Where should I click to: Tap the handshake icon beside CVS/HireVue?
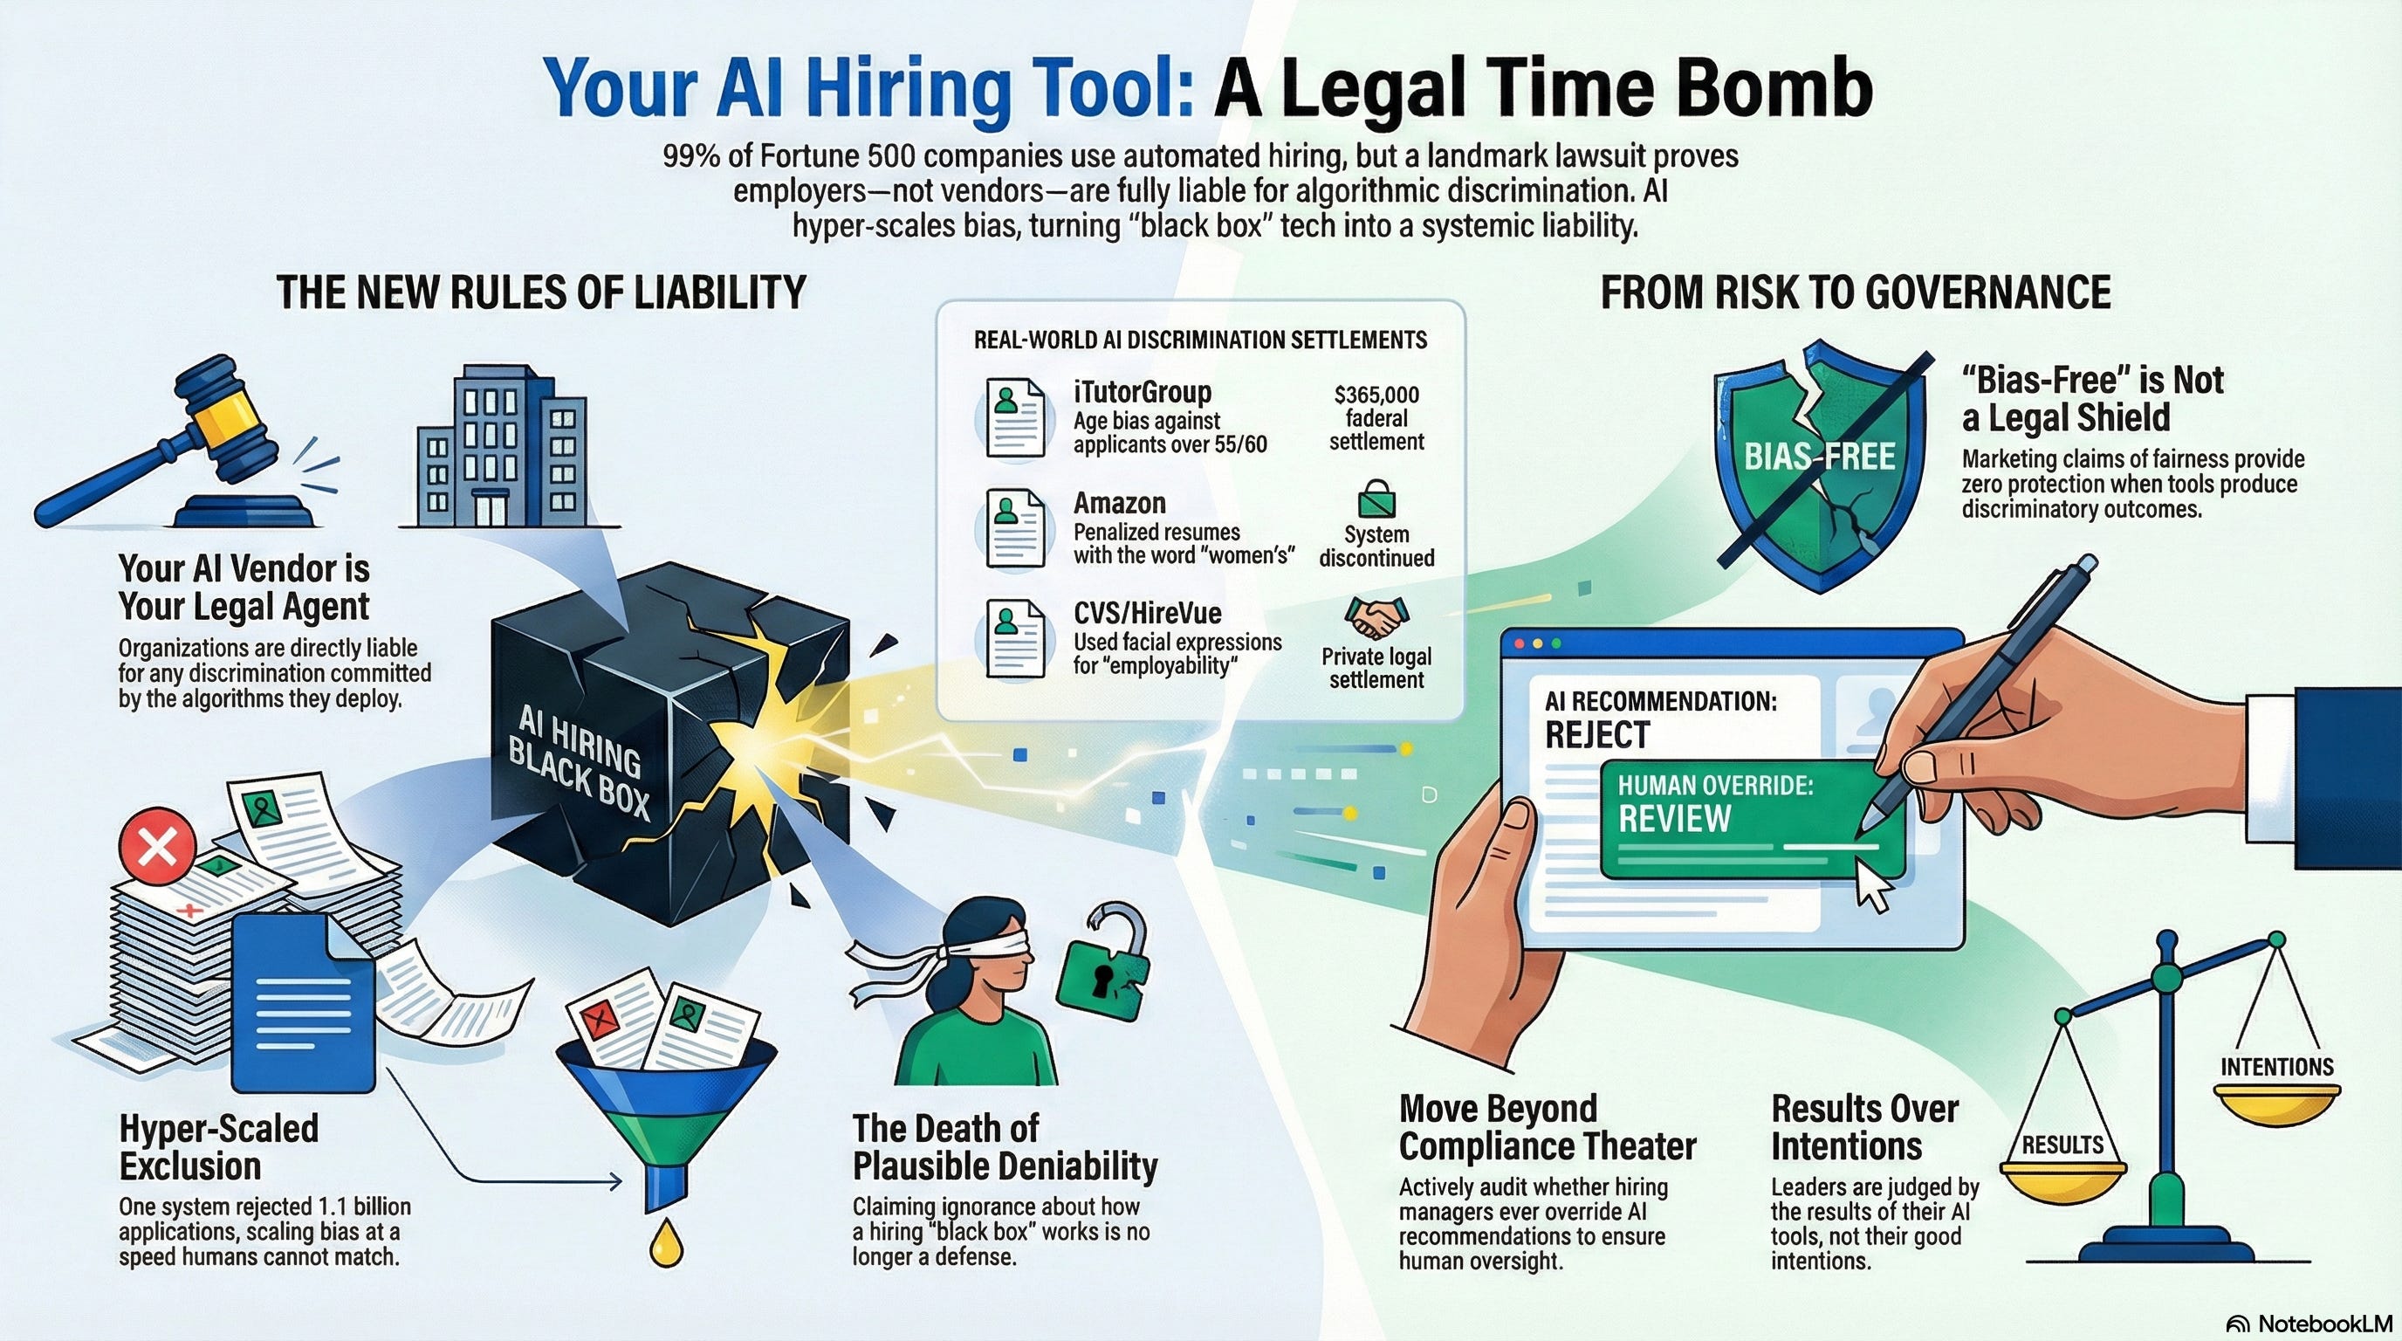(1376, 615)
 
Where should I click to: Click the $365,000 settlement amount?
(1376, 395)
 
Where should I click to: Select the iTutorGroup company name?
(1142, 392)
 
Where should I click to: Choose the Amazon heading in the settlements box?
(1119, 504)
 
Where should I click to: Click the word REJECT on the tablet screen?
(1597, 736)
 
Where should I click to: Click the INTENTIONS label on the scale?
(2276, 1067)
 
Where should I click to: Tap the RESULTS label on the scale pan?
(2062, 1145)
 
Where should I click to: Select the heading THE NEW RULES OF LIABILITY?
(541, 292)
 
